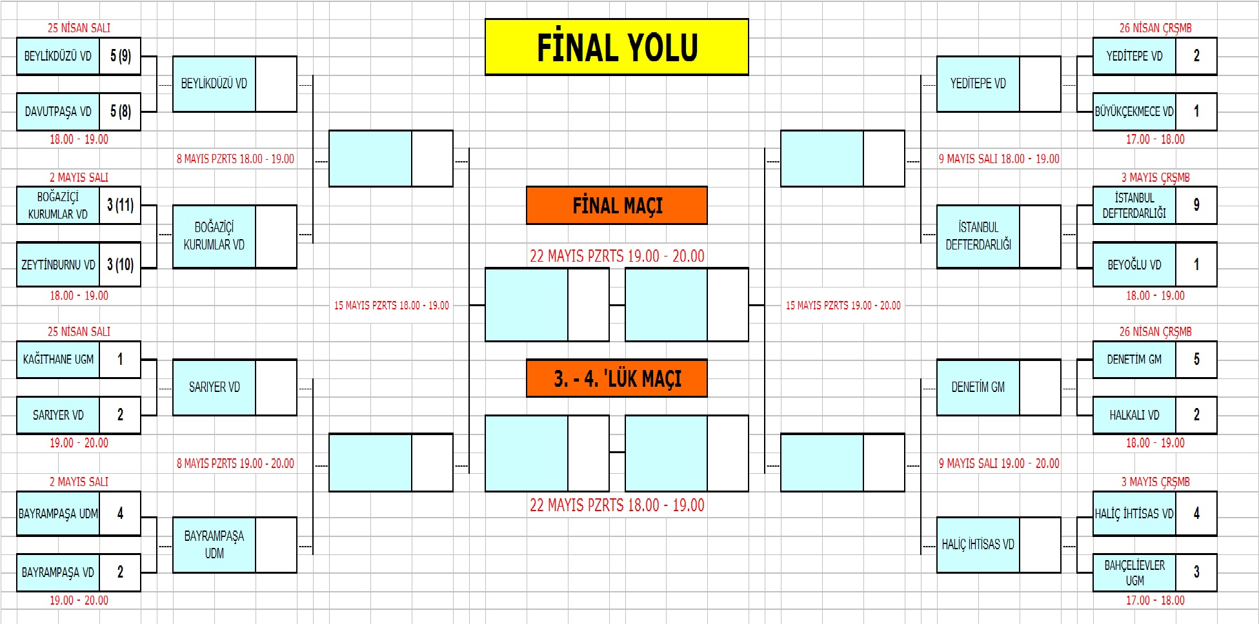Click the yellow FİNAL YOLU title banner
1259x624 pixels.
pos(616,47)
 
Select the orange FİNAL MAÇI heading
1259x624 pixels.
pos(616,206)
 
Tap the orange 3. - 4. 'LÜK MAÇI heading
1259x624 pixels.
pos(616,378)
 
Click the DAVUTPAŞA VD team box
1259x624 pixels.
pos(58,112)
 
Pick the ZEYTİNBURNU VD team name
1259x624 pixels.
pos(58,264)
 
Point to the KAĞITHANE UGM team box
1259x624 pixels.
pos(58,359)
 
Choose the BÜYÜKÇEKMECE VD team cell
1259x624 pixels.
pos(1134,112)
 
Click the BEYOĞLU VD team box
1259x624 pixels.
pos(1134,264)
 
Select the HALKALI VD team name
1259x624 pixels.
pos(1134,415)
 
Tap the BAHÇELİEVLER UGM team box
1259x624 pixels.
pos(1134,572)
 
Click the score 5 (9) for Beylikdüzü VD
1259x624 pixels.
pos(120,56)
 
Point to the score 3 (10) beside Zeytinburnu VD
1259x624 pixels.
pos(120,264)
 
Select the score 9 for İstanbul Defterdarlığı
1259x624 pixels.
pos(1196,205)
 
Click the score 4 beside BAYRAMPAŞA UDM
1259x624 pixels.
pos(120,513)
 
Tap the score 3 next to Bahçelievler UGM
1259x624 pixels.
pos(1196,572)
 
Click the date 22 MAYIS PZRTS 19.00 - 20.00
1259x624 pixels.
pos(616,256)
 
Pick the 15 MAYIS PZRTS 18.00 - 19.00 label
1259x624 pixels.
pos(391,306)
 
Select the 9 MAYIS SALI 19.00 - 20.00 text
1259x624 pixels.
pos(998,463)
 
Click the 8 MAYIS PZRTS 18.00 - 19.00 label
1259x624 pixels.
pos(236,159)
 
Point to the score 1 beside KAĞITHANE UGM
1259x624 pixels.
pos(120,359)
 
